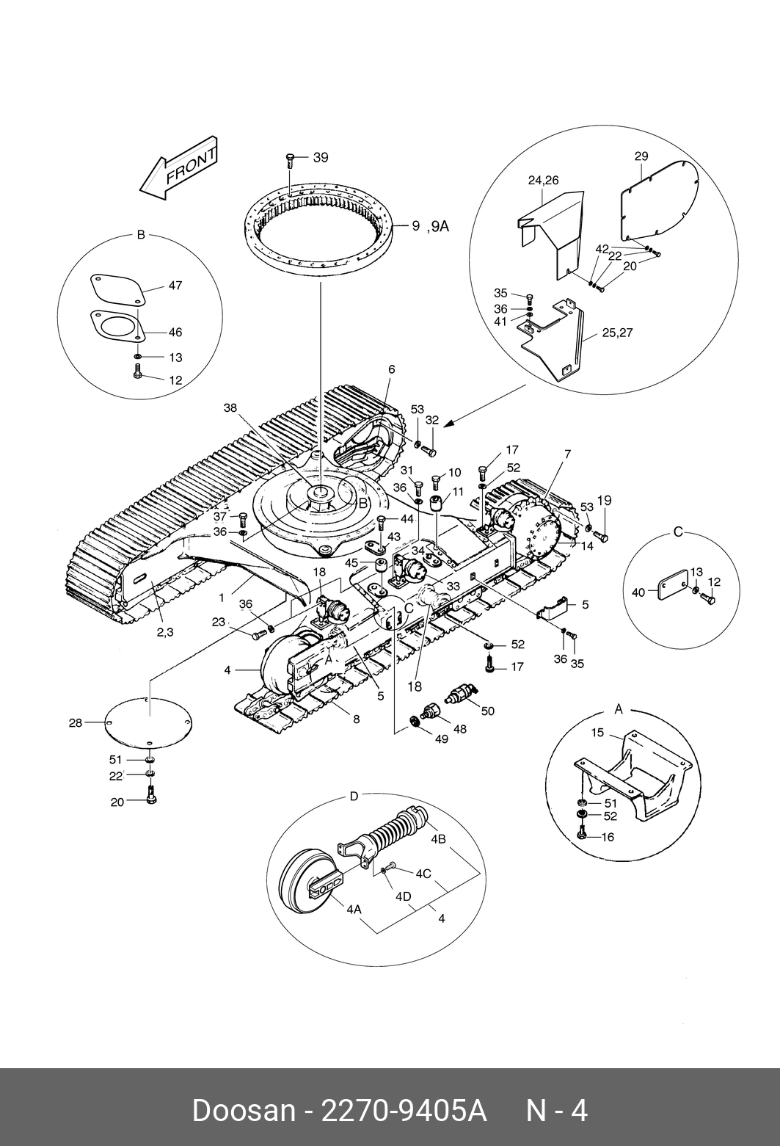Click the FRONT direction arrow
pyautogui.click(x=179, y=169)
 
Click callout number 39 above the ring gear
pyautogui.click(x=321, y=158)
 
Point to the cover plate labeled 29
pyautogui.click(x=660, y=200)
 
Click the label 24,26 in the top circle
pyautogui.click(x=543, y=180)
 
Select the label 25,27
pyautogui.click(x=617, y=333)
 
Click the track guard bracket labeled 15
pyautogui.click(x=633, y=775)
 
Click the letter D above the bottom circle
pyautogui.click(x=354, y=797)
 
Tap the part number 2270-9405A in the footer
pyautogui.click(x=404, y=1111)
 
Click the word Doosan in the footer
pyautogui.click(x=244, y=1111)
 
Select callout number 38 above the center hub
pyautogui.click(x=230, y=407)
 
